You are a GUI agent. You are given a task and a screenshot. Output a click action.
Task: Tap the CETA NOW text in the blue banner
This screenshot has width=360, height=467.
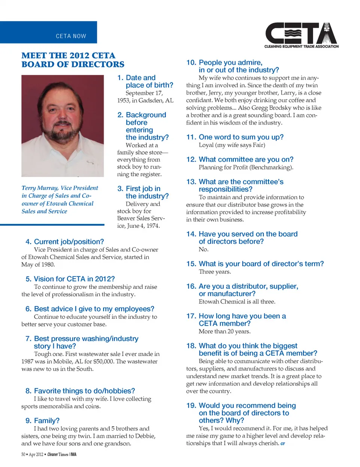(x=71, y=36)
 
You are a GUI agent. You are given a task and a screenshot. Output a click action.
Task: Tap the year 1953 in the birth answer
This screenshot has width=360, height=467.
(x=124, y=100)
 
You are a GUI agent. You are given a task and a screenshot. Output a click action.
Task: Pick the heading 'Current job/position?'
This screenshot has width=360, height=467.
(x=69, y=242)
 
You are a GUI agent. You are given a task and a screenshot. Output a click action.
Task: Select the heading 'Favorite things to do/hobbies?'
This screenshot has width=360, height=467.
(x=84, y=391)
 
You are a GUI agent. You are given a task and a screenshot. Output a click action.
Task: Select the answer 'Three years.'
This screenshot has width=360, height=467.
(x=215, y=272)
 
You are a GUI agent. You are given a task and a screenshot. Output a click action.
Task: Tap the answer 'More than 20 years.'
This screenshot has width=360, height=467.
(x=225, y=331)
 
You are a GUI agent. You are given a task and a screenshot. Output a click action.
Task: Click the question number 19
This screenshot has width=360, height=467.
(x=191, y=405)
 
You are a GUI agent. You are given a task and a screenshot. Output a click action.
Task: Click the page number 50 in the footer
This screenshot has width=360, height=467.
(x=23, y=455)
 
